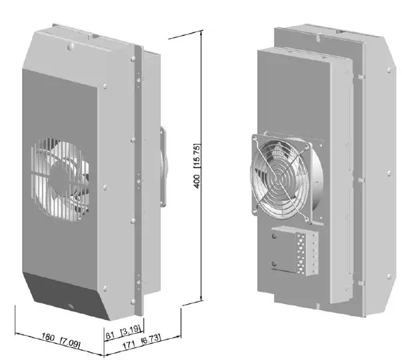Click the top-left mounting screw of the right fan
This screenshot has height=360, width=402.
255,138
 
